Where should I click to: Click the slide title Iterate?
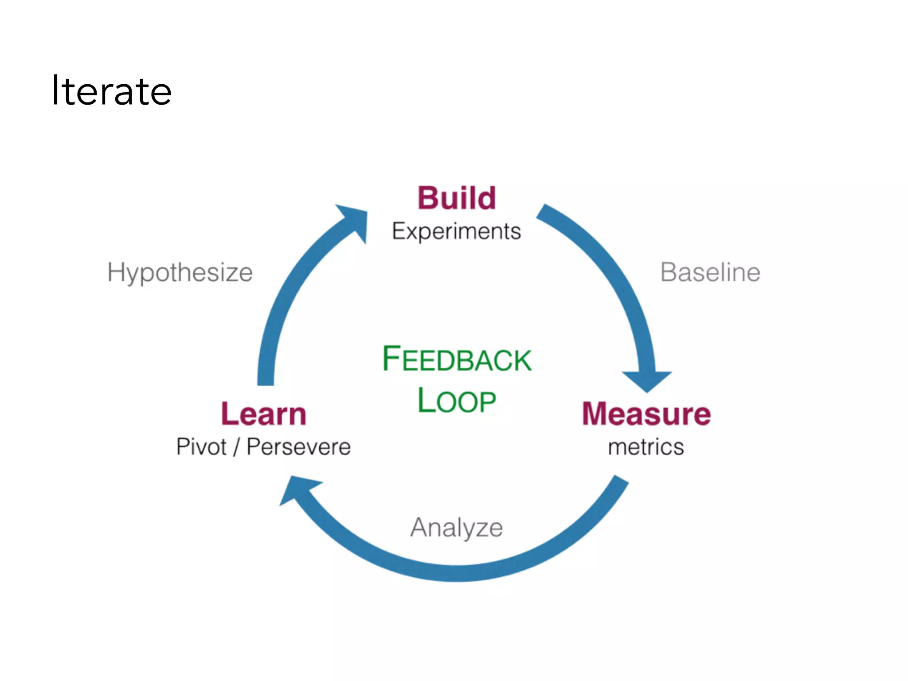(112, 91)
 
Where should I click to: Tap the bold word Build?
(457, 198)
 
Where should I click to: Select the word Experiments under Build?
(456, 231)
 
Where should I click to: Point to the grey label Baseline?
(710, 272)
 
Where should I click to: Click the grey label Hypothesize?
(180, 272)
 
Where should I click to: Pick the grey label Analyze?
(456, 528)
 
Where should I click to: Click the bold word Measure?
(646, 414)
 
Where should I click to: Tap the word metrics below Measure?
(646, 447)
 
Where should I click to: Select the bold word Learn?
(264, 414)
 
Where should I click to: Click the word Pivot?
(201, 446)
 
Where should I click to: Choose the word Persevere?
(298, 446)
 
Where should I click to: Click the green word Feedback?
(457, 359)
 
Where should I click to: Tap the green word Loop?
(457, 400)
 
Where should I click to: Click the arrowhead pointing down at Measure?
(647, 380)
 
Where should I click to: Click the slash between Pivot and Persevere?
(236, 446)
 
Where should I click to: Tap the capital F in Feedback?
(391, 358)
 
